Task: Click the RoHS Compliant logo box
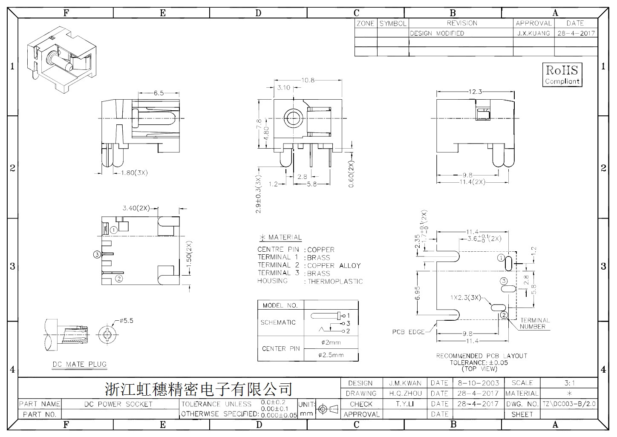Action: tap(562, 75)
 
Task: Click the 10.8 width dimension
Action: tap(308, 80)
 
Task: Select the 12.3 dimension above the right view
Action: tap(475, 92)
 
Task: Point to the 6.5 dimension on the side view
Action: tap(159, 93)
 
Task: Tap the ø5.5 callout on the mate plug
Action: tap(127, 321)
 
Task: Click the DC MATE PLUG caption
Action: tap(79, 364)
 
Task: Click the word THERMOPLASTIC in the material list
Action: tap(335, 282)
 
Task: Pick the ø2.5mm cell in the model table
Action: tap(331, 355)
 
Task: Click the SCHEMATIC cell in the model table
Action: tap(278, 322)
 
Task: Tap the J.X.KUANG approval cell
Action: tap(533, 33)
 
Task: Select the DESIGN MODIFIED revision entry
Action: tap(437, 33)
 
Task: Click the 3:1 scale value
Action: tap(569, 383)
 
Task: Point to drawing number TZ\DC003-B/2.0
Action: tap(569, 404)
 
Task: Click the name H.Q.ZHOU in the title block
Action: tap(405, 394)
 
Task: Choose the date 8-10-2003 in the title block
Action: tap(479, 383)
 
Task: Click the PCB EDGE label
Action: tap(408, 332)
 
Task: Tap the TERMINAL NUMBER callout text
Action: tap(535, 323)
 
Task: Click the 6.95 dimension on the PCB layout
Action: tap(418, 293)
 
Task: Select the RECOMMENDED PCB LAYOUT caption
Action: tap(481, 356)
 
